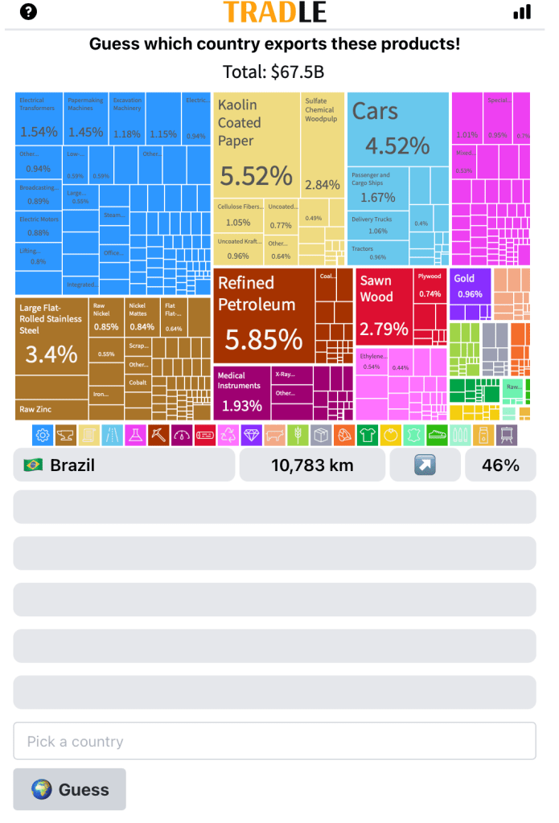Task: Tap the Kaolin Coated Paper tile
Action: [257, 145]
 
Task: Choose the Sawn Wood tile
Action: [384, 309]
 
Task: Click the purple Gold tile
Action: [469, 288]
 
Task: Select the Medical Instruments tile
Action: [242, 391]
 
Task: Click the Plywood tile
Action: [430, 285]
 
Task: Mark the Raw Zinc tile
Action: [51, 409]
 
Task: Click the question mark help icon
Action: [29, 12]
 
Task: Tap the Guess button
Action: [69, 789]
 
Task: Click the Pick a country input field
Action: [274, 741]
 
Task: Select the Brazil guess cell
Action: [124, 465]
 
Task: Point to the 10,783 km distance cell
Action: [312, 465]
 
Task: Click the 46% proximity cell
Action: [500, 465]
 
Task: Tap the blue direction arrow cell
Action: [425, 465]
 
